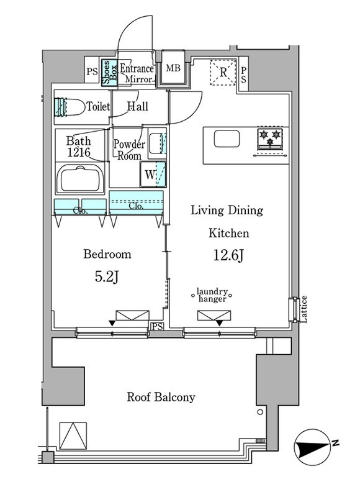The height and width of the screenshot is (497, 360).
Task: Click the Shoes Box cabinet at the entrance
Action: tap(109, 73)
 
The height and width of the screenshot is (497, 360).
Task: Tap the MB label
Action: tap(173, 68)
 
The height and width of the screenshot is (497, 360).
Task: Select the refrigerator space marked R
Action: tap(223, 72)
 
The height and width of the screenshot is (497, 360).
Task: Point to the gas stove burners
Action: tap(270, 139)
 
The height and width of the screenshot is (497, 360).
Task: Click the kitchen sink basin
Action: tap(227, 139)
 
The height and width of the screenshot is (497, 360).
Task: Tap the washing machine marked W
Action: tap(153, 174)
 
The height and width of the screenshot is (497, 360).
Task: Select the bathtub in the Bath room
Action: tap(80, 178)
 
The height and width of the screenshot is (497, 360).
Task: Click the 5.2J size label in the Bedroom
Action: tap(107, 277)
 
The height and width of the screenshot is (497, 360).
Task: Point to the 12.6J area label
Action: tap(228, 255)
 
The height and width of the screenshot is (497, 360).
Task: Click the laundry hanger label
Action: tap(212, 295)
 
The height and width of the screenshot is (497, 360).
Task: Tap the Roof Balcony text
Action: tap(161, 397)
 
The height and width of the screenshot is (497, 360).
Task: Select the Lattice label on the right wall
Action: tap(304, 309)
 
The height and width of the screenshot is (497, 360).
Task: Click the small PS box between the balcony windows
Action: tap(158, 327)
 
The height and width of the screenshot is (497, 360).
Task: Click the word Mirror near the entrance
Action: tap(138, 80)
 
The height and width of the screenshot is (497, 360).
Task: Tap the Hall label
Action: tap(137, 106)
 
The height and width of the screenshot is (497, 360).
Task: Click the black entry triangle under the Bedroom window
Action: tap(112, 323)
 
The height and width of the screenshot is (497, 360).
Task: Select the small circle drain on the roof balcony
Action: tap(260, 412)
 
